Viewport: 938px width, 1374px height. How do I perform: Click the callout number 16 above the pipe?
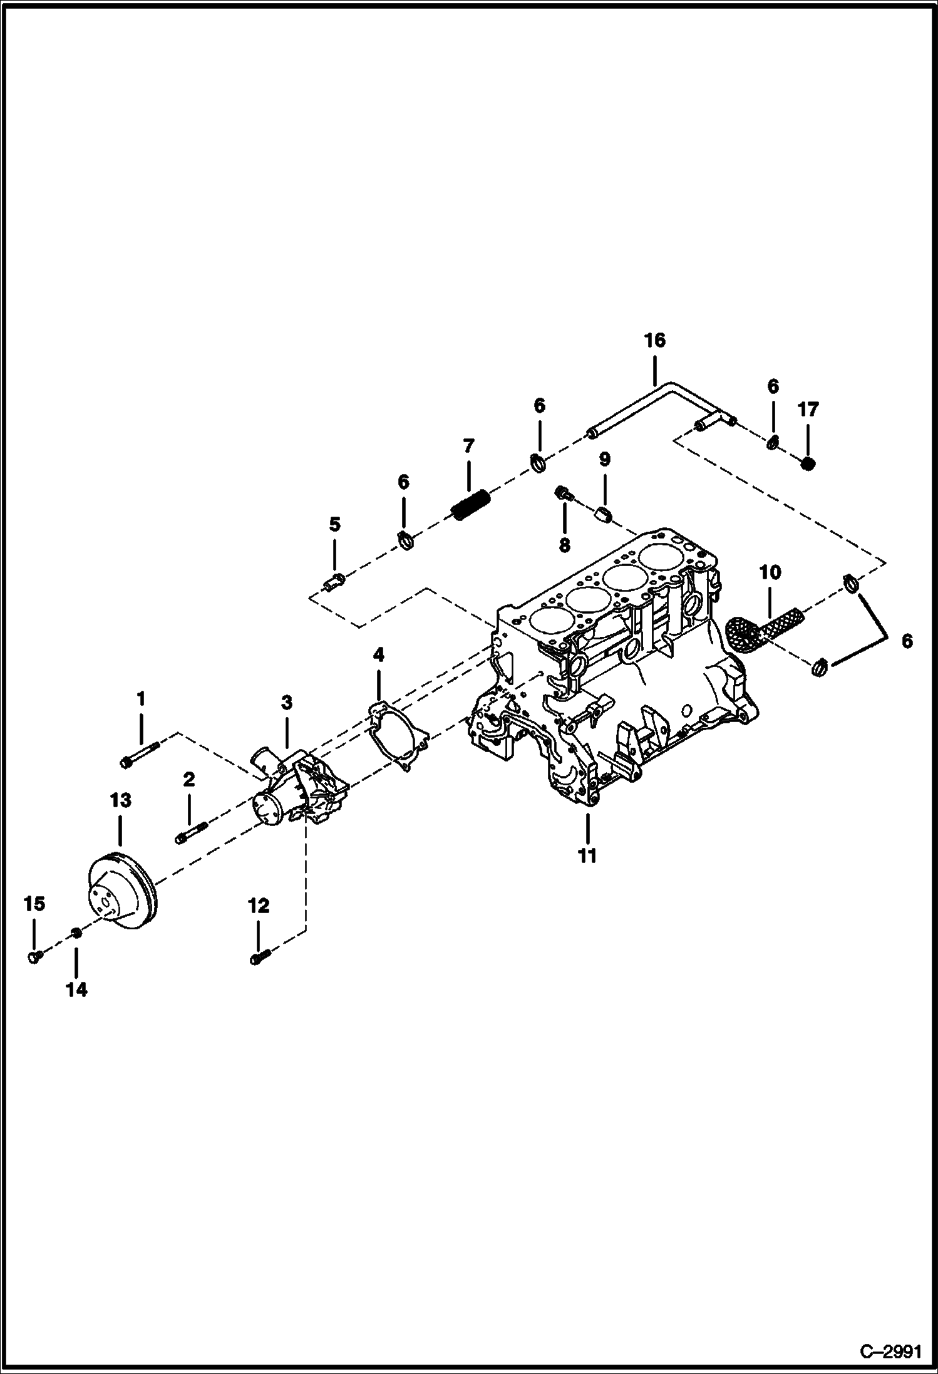click(654, 341)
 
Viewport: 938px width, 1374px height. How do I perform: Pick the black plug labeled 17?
click(808, 465)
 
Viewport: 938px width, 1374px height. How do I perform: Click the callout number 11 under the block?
click(587, 855)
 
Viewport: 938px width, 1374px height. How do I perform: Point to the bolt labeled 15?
click(35, 956)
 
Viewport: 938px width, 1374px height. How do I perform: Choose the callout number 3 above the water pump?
click(286, 702)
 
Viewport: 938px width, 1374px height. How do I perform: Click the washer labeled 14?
click(76, 934)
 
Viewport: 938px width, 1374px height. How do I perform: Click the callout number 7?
click(468, 447)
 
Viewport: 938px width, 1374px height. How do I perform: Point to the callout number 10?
click(770, 572)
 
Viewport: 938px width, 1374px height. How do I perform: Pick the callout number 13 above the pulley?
click(120, 800)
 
